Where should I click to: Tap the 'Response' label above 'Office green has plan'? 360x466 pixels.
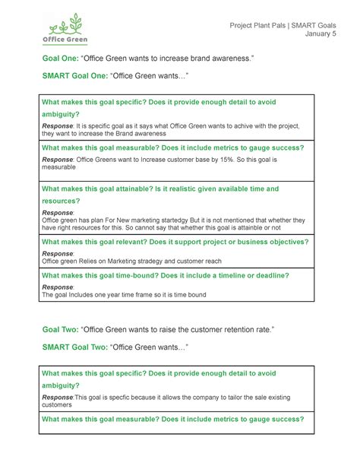point(58,211)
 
